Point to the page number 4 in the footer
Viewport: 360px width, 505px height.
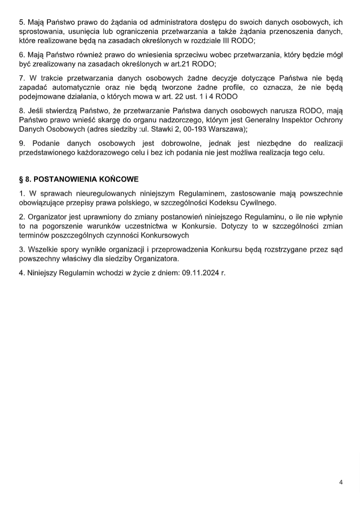click(x=341, y=482)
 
